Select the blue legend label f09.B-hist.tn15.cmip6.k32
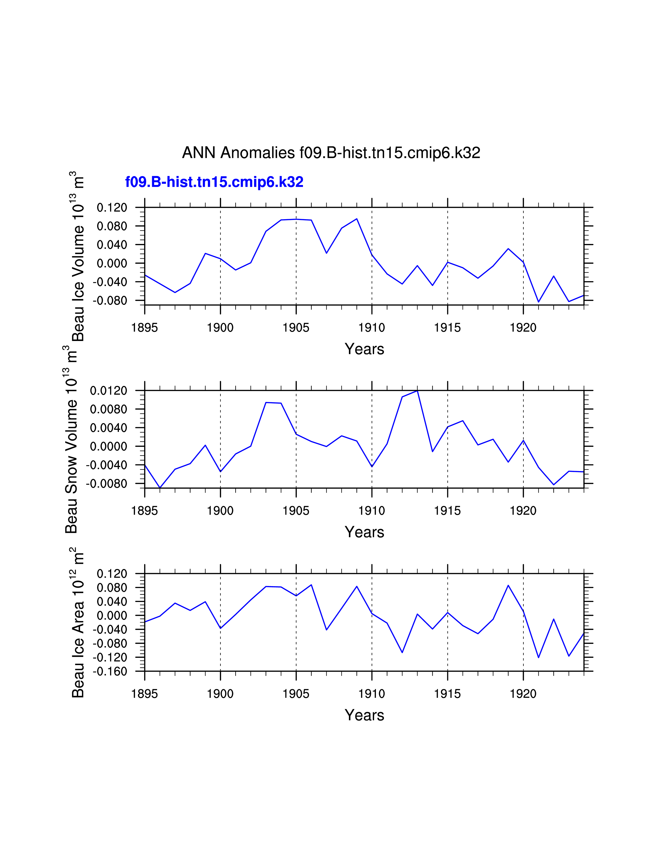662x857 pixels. (x=214, y=182)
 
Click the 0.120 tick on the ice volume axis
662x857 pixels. (x=112, y=207)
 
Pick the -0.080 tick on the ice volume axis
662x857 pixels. (x=110, y=300)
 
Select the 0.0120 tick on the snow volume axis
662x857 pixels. (x=109, y=391)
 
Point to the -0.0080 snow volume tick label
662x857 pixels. (x=107, y=484)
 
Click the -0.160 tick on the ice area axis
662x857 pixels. (x=110, y=671)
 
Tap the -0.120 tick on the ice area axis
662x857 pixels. (x=110, y=657)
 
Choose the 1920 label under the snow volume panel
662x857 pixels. (x=523, y=511)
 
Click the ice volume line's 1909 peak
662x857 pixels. (x=356, y=219)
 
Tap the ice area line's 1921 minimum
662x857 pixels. (x=538, y=658)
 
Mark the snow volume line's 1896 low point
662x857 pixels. (x=160, y=488)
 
